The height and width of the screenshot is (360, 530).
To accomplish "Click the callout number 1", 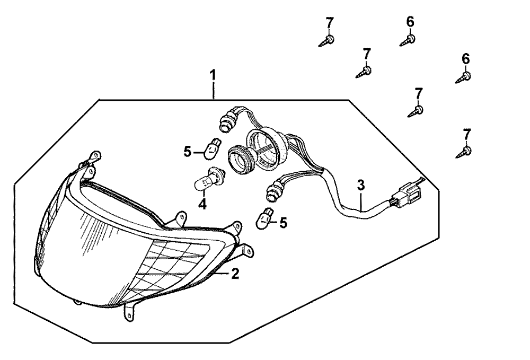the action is click(x=213, y=75).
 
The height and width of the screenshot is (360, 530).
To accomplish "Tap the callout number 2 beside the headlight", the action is click(x=235, y=274).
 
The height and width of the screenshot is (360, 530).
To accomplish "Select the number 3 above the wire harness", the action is click(x=361, y=185).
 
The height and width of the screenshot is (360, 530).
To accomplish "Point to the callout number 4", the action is click(x=202, y=205).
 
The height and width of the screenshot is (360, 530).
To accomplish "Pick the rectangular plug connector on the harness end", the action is click(x=408, y=196).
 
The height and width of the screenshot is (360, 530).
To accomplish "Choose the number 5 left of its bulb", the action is click(x=188, y=152).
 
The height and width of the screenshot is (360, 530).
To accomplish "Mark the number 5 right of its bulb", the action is click(x=283, y=223).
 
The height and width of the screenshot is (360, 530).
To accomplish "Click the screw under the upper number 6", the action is click(x=408, y=41).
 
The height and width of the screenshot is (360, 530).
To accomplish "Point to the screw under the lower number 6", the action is click(x=463, y=78).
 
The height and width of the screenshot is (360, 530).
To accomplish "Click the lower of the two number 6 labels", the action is click(x=466, y=59).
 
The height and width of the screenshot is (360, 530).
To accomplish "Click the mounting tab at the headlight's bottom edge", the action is click(x=129, y=310).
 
